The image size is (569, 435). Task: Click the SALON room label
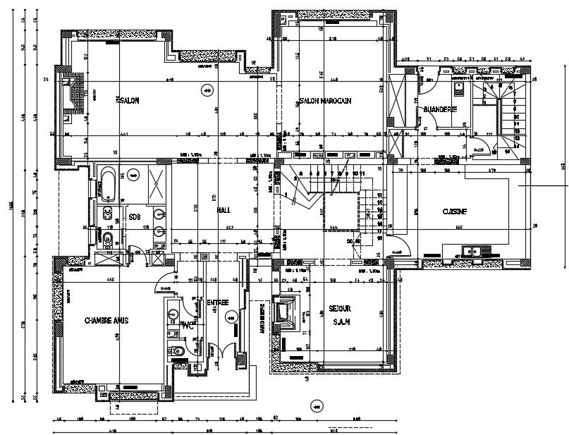(x=129, y=101)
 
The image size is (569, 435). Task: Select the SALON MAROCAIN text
(x=325, y=102)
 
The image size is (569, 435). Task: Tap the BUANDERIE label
(x=441, y=109)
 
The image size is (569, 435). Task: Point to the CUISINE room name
(x=455, y=211)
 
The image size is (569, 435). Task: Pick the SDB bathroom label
(x=135, y=216)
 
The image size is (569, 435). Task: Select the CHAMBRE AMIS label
(x=106, y=319)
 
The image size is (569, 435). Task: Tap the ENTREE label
(x=217, y=302)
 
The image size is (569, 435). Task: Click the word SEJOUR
(x=340, y=309)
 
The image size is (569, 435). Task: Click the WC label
(x=187, y=326)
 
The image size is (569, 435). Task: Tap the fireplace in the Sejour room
(x=289, y=312)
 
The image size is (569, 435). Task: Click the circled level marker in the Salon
(x=207, y=89)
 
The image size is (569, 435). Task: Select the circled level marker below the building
(x=317, y=405)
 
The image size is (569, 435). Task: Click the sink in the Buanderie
(x=459, y=87)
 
